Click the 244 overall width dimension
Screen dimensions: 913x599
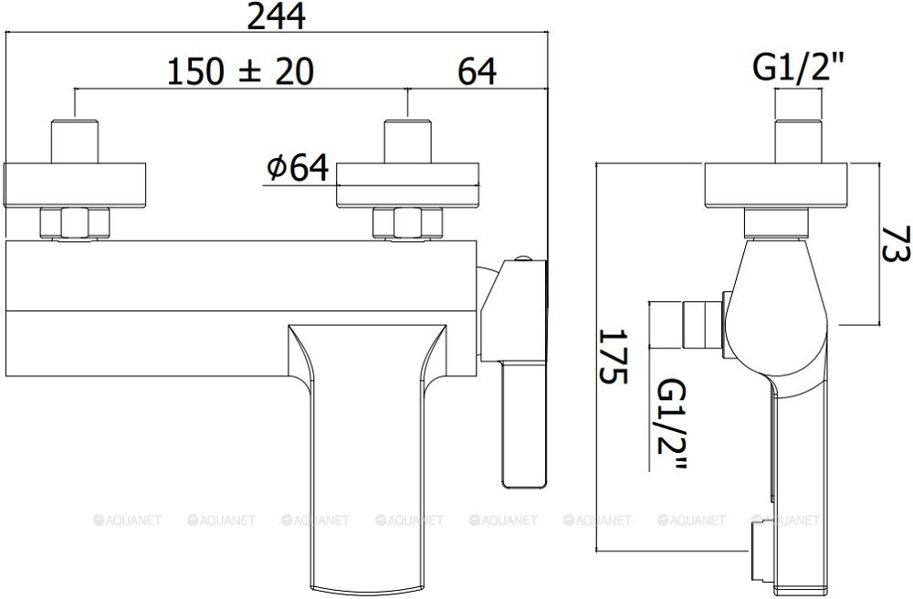pos(277,16)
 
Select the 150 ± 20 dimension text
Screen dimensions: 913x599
pos(240,71)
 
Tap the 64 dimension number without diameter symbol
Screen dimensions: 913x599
pos(477,71)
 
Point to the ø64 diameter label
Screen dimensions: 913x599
pos(298,168)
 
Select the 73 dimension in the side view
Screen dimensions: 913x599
pos(896,244)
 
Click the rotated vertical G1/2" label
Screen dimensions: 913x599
pos(672,424)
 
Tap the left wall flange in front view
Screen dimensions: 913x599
pos(75,184)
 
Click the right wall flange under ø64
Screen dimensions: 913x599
pos(407,184)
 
